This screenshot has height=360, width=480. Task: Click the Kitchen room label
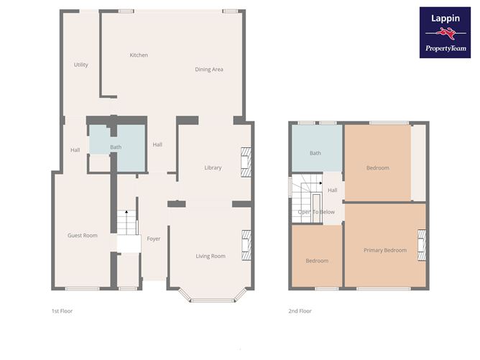(x=139, y=55)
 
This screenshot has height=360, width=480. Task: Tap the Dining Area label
(x=209, y=70)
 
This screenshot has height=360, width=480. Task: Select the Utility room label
(x=81, y=65)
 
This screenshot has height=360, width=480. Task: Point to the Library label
(x=213, y=167)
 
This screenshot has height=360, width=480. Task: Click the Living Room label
(x=211, y=256)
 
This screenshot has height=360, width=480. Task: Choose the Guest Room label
(x=82, y=235)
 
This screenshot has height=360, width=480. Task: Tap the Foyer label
(x=153, y=239)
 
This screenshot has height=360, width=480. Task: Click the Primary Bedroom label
(x=384, y=250)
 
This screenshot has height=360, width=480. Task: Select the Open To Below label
(x=316, y=212)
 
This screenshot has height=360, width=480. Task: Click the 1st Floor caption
(x=62, y=311)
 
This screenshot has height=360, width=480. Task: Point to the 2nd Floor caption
(x=300, y=311)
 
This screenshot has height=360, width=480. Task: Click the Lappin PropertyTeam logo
(x=446, y=32)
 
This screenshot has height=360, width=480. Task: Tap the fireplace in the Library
(x=245, y=162)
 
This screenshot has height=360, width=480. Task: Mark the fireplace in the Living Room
(x=245, y=245)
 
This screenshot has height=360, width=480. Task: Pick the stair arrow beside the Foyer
(x=126, y=213)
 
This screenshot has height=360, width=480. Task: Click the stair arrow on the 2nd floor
(x=319, y=184)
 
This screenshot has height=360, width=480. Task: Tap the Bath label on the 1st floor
(x=116, y=147)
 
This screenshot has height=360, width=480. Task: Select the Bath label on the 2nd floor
(x=315, y=153)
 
